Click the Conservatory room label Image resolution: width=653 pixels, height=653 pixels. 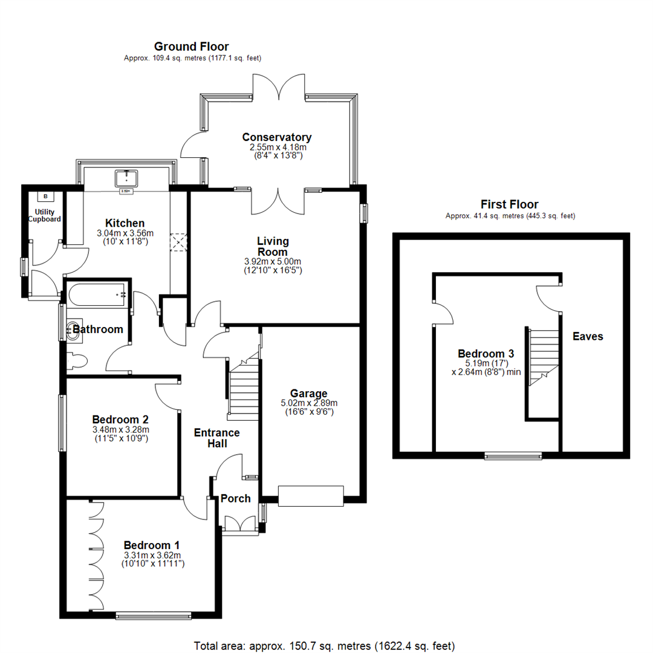277,137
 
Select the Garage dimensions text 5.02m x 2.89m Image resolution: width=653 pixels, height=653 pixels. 309,403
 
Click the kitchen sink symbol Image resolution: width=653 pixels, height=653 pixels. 126,178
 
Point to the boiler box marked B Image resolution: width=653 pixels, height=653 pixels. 45,196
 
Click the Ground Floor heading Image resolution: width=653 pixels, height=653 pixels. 192,47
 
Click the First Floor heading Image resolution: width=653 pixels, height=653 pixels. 509,204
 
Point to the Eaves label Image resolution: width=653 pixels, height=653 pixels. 588,336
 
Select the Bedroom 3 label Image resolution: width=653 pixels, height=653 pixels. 486,354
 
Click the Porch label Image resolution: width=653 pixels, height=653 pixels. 235,498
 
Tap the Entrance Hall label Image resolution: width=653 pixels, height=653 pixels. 216,438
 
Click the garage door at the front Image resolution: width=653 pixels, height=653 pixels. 310,495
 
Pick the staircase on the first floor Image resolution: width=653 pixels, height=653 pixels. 542,357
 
